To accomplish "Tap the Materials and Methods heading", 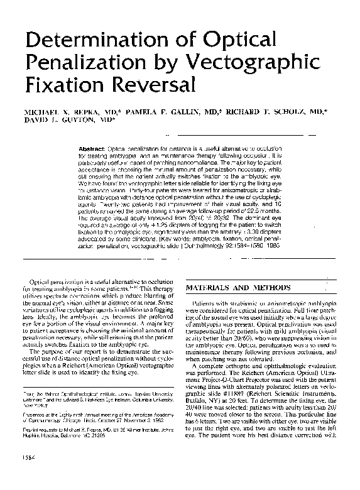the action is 233,288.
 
